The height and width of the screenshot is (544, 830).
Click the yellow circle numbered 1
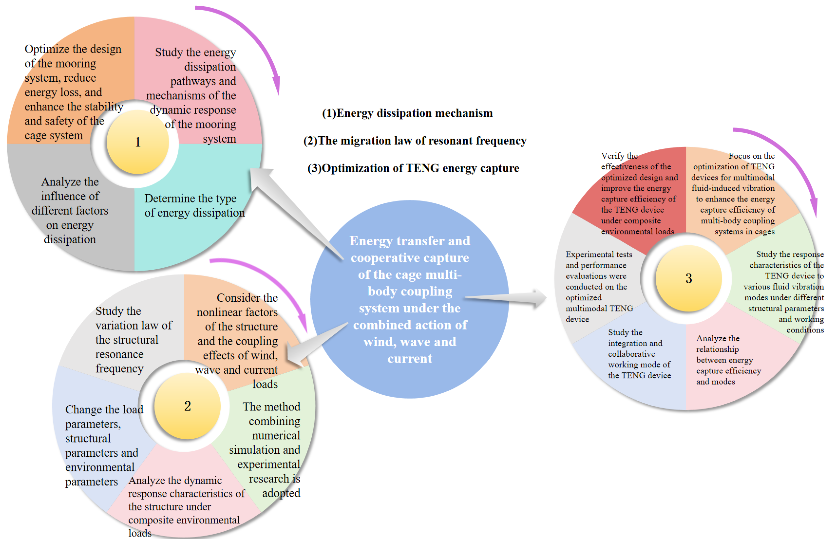point(137,142)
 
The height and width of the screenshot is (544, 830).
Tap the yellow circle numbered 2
point(187,406)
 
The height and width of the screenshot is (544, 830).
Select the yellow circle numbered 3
point(688,278)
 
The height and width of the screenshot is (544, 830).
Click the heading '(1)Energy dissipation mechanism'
point(407,113)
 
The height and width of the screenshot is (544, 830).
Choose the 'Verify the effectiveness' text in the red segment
point(638,193)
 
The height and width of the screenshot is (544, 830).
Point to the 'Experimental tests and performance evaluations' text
point(598,287)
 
